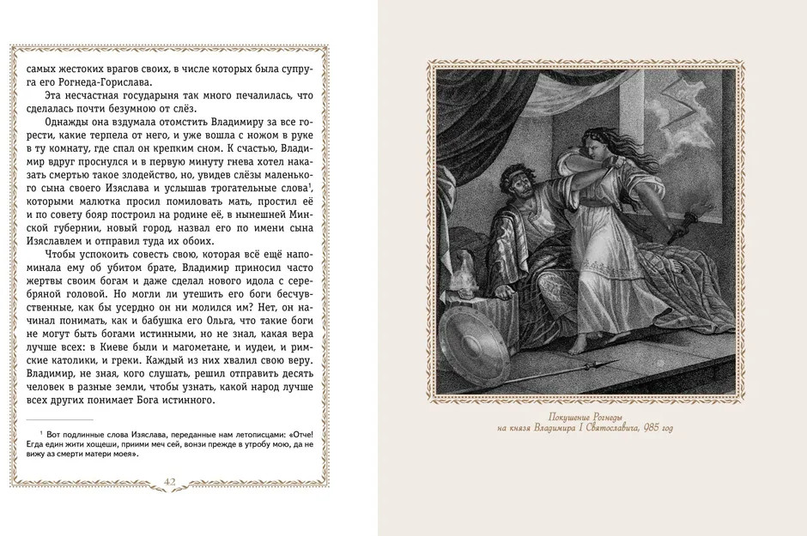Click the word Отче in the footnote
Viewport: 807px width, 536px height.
pyautogui.click(x=300, y=437)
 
